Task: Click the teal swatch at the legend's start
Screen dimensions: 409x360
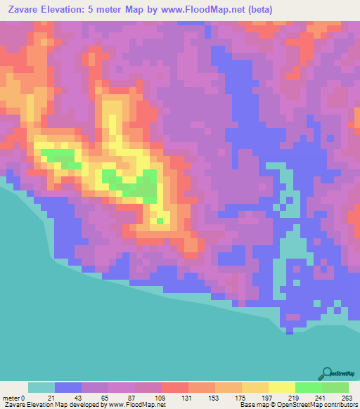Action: pyautogui.click(x=41, y=387)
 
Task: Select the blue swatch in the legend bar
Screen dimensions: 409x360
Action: pyautogui.click(x=68, y=387)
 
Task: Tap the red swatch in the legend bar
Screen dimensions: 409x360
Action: pyautogui.click(x=174, y=387)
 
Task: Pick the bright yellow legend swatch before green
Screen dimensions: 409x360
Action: pyautogui.click(x=281, y=387)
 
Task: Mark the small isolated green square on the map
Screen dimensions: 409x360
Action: pyautogui.click(x=160, y=221)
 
